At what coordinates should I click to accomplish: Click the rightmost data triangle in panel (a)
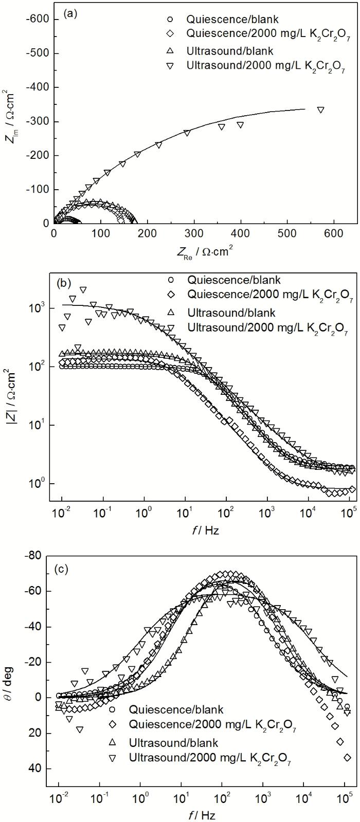(320, 109)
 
